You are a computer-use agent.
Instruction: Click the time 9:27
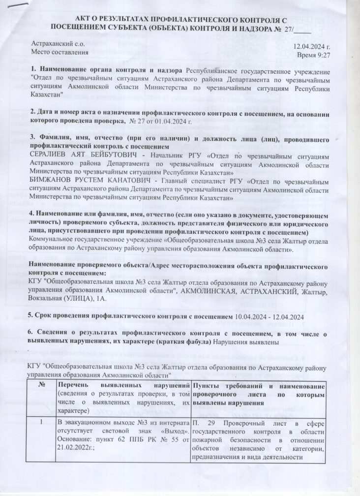tap(322, 54)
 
